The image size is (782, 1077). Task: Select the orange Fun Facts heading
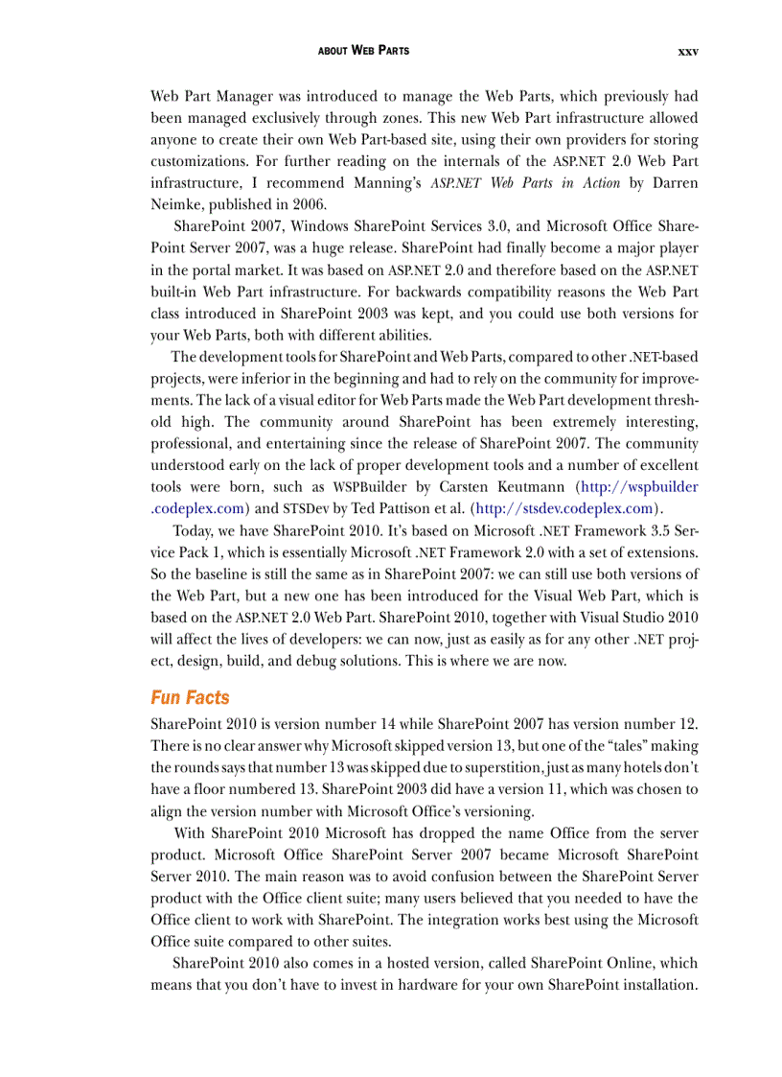(190, 697)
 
